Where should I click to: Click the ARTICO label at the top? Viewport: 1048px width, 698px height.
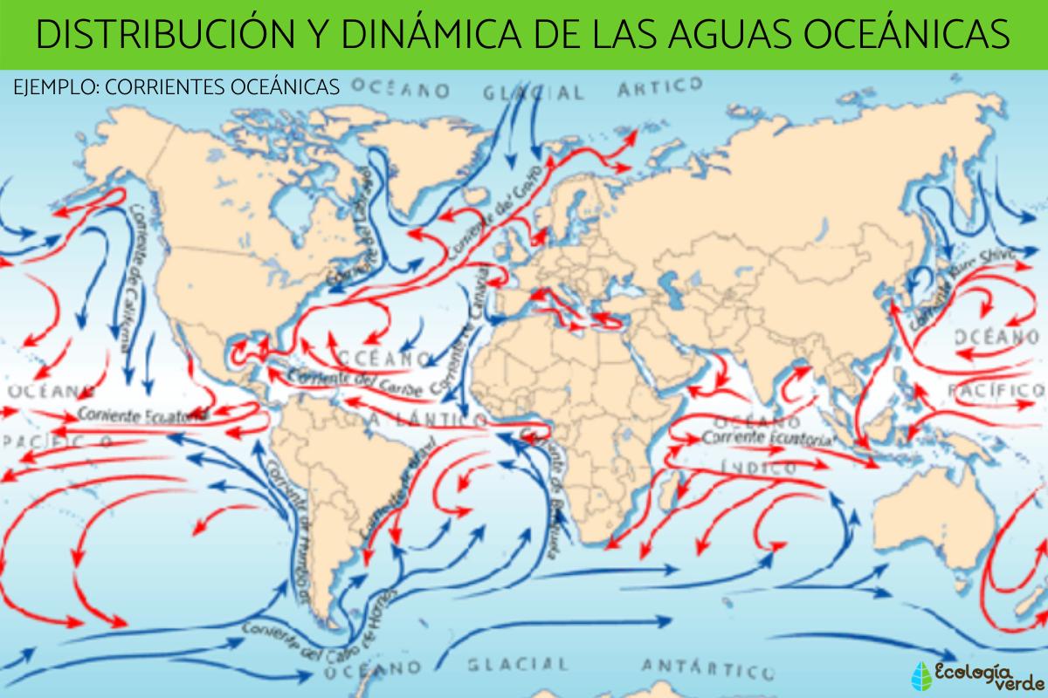click(x=659, y=86)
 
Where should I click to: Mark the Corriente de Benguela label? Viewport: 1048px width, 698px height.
click(x=545, y=494)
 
